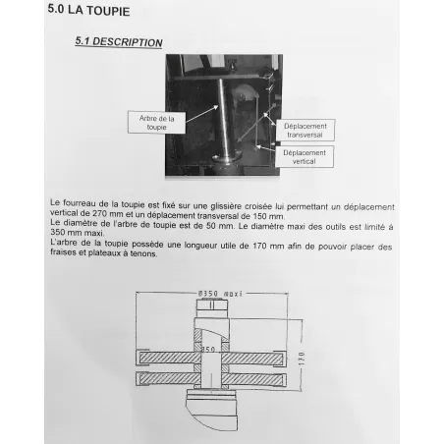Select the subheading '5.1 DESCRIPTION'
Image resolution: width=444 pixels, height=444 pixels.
(119, 42)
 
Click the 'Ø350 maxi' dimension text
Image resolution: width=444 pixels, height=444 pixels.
(220, 293)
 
